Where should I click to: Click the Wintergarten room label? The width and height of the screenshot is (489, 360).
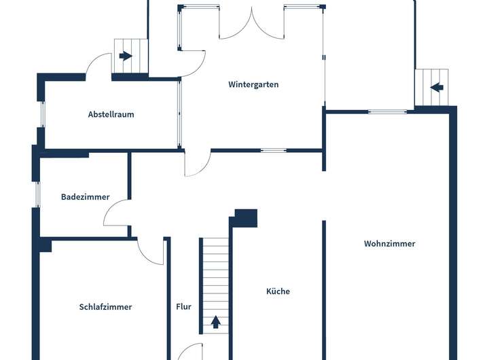click(253, 85)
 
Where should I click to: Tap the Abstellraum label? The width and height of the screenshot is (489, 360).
click(111, 114)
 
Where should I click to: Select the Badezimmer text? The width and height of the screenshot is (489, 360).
click(85, 197)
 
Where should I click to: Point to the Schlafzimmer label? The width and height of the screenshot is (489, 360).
click(105, 306)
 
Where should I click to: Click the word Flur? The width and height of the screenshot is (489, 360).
click(183, 306)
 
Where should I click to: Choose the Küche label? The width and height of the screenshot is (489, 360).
click(278, 291)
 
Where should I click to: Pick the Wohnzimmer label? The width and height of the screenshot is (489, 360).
click(389, 243)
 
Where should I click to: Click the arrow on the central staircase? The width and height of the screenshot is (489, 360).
click(216, 322)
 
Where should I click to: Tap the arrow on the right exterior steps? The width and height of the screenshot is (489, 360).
click(437, 87)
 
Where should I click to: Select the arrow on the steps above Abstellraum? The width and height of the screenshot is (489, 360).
click(125, 56)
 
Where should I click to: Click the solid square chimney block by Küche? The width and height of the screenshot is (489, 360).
click(245, 218)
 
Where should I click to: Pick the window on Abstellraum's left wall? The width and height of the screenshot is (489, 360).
click(42, 113)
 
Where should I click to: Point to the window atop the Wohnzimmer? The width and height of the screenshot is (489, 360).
click(387, 111)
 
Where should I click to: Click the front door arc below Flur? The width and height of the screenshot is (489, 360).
click(191, 351)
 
